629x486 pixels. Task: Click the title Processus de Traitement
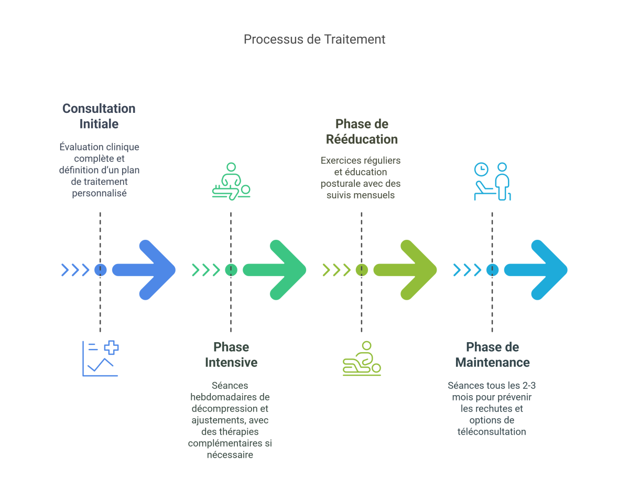tap(314, 39)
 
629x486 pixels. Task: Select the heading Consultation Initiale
tap(99, 116)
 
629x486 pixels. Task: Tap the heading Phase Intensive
tap(231, 355)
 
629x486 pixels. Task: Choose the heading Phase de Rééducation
tap(361, 132)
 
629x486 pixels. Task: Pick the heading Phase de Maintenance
tap(492, 355)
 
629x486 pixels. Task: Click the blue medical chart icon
tap(100, 358)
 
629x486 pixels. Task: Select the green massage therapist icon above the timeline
tap(231, 181)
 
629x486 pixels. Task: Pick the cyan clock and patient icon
tap(492, 181)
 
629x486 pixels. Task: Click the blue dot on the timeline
tap(100, 270)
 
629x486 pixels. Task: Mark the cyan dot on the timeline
tap(492, 270)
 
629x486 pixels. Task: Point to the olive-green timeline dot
tap(361, 270)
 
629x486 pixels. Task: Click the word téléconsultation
tap(492, 431)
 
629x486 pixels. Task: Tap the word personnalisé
tap(99, 193)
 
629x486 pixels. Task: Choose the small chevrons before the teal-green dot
tap(205, 270)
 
